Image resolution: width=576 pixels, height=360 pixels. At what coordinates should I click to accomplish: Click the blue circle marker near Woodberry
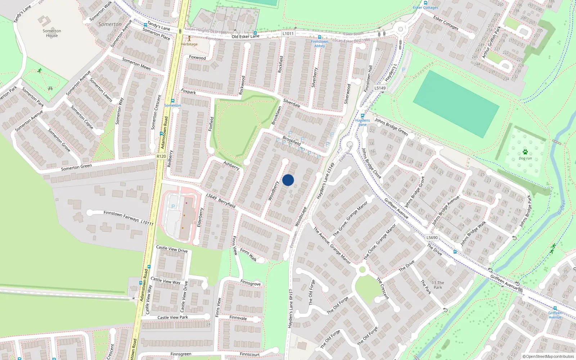click(x=288, y=180)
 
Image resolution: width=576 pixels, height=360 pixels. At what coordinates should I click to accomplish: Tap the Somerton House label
click(x=52, y=33)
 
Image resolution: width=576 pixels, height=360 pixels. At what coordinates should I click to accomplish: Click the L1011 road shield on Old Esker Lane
click(x=288, y=33)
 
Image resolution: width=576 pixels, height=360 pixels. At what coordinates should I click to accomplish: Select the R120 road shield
click(x=161, y=156)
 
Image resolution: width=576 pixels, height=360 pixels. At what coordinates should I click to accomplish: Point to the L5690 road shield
click(x=432, y=238)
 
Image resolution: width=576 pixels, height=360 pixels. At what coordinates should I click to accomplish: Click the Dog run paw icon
click(x=525, y=152)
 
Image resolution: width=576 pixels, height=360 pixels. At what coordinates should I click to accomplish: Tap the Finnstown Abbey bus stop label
click(x=320, y=44)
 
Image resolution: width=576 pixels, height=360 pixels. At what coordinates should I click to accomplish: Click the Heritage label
click(x=189, y=44)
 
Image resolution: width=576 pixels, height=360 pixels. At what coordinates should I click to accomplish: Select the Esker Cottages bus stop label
click(x=426, y=8)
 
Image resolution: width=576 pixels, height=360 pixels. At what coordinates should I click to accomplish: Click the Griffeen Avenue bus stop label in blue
click(x=555, y=315)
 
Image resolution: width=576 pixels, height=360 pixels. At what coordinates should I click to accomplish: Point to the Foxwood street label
click(x=197, y=58)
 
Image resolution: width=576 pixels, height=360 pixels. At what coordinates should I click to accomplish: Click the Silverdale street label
click(x=292, y=103)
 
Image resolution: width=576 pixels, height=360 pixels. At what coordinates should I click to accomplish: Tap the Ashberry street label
click(x=231, y=166)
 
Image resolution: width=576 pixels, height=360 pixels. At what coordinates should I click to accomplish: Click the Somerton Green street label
click(x=76, y=167)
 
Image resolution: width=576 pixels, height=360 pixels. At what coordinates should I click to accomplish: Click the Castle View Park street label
click(x=173, y=318)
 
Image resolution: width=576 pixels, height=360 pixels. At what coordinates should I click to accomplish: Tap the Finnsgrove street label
click(x=251, y=284)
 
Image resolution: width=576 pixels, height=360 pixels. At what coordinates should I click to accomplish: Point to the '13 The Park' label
click(x=438, y=285)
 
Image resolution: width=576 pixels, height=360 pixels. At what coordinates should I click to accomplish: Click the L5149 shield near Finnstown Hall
click(x=380, y=88)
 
